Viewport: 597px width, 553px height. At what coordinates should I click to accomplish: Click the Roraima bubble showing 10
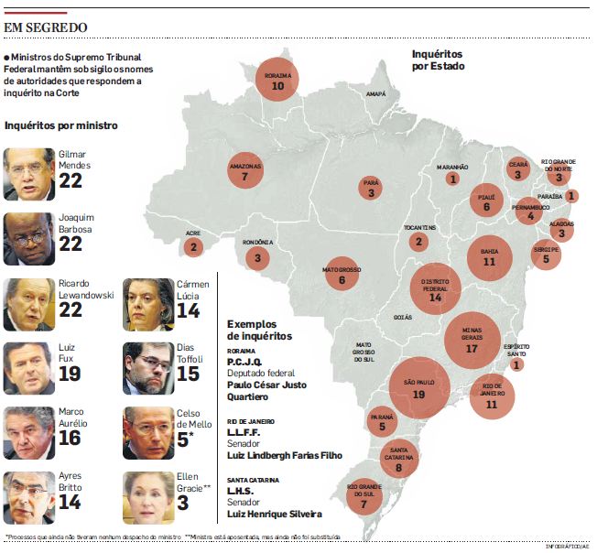(277, 80)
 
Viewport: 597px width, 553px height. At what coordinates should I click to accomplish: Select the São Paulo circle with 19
(419, 387)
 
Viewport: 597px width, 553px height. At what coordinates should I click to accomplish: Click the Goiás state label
(402, 317)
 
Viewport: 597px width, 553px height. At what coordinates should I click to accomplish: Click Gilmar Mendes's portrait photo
(29, 174)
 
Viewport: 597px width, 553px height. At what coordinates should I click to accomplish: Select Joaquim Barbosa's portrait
(29, 238)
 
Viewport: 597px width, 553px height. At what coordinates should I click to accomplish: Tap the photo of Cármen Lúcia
(148, 304)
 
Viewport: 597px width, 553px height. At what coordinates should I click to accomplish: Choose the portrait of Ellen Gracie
(148, 497)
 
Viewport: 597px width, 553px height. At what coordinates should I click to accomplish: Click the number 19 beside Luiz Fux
(71, 374)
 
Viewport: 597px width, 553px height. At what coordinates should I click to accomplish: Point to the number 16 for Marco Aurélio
(71, 439)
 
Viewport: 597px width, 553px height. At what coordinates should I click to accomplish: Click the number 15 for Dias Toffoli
(189, 374)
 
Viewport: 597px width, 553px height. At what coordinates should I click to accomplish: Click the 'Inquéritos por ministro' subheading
(60, 125)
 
